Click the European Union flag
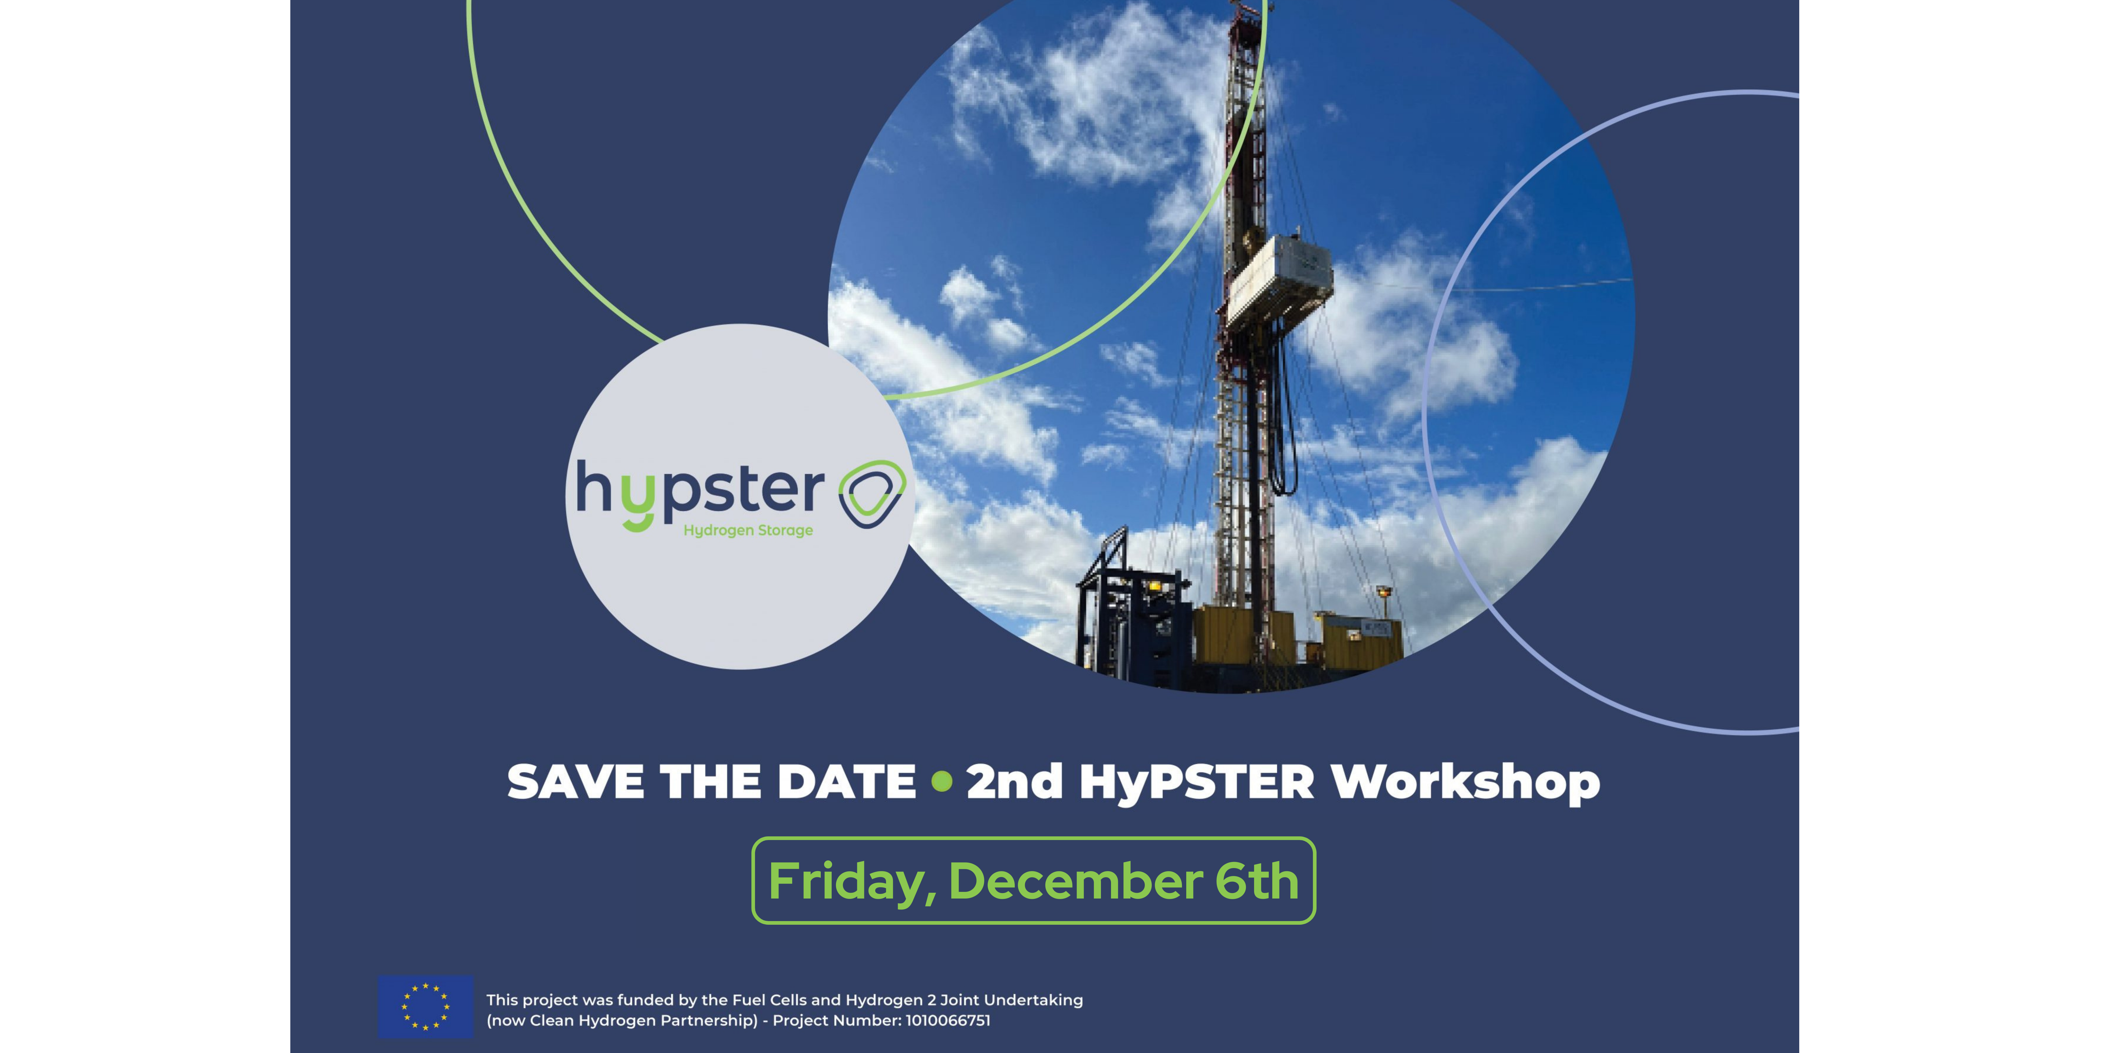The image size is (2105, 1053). (425, 1006)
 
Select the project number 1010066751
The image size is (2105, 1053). (948, 1020)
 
